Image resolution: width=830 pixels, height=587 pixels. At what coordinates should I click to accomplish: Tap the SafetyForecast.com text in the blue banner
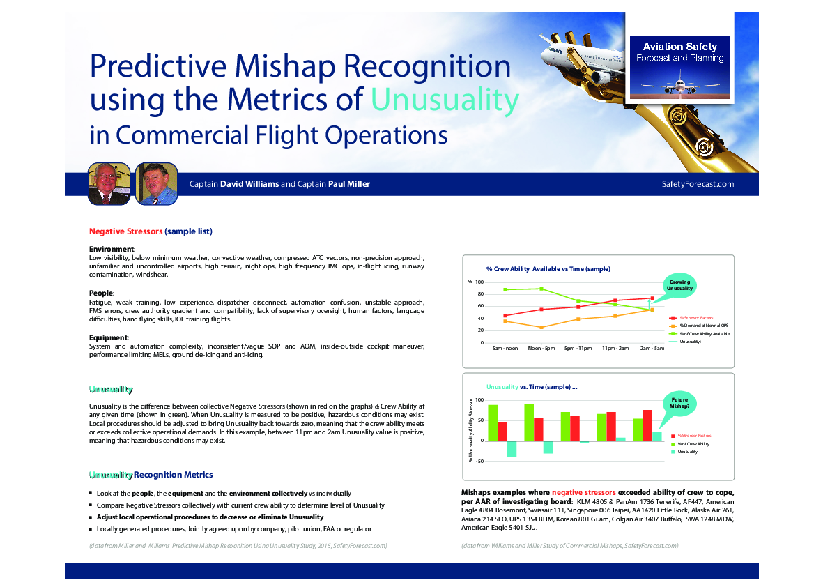coord(698,184)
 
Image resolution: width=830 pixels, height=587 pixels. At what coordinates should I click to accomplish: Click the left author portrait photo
coord(109,184)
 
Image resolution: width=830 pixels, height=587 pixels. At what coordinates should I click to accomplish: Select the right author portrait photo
coord(156,184)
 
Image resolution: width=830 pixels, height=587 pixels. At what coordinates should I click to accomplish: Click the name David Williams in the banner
coord(249,184)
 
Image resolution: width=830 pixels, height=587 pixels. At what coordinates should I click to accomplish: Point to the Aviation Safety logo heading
coord(679,47)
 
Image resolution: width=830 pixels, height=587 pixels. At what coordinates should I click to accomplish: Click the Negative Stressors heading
coord(125,231)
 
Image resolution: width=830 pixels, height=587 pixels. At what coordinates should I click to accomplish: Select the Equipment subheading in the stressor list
coord(108,338)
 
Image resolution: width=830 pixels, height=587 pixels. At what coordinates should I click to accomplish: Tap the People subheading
coord(101,293)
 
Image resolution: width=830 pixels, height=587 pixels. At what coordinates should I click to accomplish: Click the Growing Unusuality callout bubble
coord(679,285)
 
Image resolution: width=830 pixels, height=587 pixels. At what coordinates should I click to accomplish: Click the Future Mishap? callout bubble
coord(679,402)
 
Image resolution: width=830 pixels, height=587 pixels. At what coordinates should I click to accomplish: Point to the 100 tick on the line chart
coord(479,282)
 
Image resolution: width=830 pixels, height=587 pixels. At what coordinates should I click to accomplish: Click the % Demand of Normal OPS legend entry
coord(704,326)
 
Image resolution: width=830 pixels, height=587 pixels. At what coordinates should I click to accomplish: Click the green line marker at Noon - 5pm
coord(541,289)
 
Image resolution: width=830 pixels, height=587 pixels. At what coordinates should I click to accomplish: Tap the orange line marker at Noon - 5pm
coord(541,327)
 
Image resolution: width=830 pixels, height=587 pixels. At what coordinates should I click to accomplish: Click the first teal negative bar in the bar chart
coord(512,448)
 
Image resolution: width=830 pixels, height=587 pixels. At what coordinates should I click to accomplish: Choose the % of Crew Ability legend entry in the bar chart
coord(693,444)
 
